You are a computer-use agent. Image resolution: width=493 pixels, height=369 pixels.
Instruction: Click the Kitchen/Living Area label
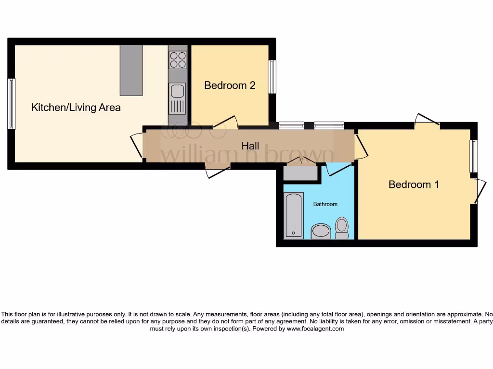tap(76, 107)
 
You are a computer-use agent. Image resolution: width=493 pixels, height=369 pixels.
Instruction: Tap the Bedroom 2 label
tap(230, 86)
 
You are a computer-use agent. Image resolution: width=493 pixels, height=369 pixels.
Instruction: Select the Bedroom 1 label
tap(414, 184)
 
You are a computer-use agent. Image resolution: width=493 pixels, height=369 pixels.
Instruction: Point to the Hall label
tap(250, 146)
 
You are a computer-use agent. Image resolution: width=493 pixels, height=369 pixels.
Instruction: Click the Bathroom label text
tap(325, 204)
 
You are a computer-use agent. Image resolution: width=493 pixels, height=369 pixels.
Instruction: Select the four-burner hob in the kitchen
tap(178, 60)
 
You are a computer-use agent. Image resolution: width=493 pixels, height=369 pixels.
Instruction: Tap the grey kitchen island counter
tap(131, 70)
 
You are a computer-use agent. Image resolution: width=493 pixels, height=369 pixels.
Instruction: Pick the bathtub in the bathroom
tap(294, 215)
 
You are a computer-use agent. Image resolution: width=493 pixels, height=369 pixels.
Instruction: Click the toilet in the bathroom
tap(342, 227)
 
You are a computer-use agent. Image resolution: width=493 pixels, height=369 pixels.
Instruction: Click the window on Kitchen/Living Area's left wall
tap(11, 104)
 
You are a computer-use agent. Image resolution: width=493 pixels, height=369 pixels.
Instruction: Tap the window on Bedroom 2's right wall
tap(272, 76)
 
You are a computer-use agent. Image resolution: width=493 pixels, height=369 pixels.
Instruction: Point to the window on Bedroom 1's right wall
tap(474, 156)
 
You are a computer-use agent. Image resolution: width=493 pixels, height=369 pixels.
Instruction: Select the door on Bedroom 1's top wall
tap(428, 120)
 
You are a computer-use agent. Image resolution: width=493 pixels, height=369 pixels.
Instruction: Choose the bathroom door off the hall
tap(339, 169)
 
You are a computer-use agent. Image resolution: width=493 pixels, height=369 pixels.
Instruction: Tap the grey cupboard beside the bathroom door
tap(301, 172)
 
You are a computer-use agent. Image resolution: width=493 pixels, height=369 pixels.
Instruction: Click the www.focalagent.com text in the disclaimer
tap(315, 329)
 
